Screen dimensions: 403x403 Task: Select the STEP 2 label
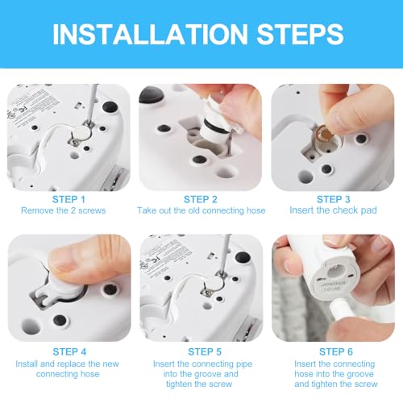pos(201,199)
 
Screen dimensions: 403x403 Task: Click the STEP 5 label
pos(201,351)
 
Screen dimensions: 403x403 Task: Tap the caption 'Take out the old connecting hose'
pos(201,211)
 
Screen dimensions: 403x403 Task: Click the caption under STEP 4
pos(67,369)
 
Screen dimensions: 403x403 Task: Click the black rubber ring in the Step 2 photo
pos(215,133)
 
